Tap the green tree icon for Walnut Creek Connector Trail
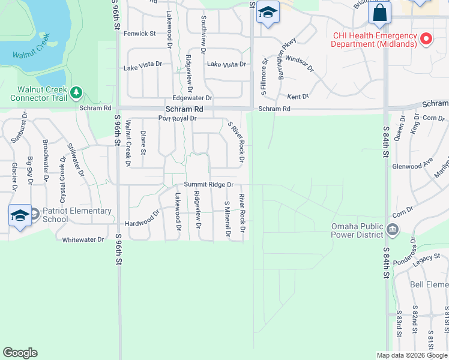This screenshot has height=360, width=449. [x=76, y=92]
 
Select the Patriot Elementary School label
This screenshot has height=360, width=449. [x=77, y=215]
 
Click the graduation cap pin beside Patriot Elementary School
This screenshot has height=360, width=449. [x=20, y=215]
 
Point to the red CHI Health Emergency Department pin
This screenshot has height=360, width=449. [x=426, y=40]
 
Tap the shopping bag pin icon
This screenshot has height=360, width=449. [x=380, y=13]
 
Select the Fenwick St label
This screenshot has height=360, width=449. [x=139, y=34]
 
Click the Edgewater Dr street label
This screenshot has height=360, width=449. [x=192, y=98]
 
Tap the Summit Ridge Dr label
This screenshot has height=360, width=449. [x=208, y=185]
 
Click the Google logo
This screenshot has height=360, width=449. [x=20, y=353]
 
